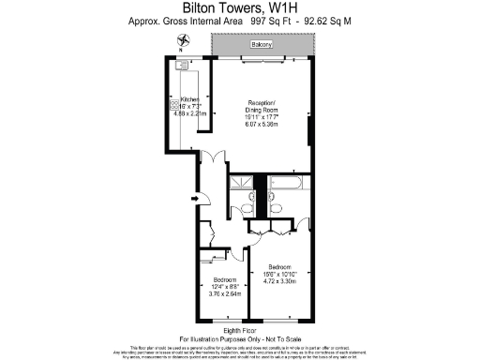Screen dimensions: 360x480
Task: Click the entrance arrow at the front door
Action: (193, 197)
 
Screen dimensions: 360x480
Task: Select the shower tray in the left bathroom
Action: (242, 182)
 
